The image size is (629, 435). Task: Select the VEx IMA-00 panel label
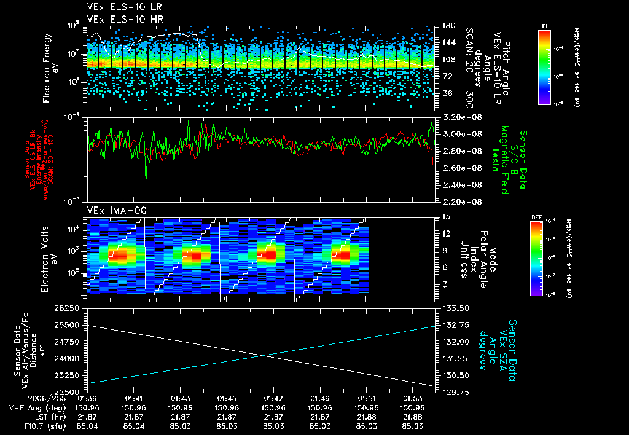[x=111, y=210]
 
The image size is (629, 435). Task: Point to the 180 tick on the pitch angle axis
[x=447, y=26]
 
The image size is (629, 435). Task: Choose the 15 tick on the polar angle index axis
[x=446, y=217]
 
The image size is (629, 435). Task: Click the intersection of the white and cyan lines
[x=264, y=355]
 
